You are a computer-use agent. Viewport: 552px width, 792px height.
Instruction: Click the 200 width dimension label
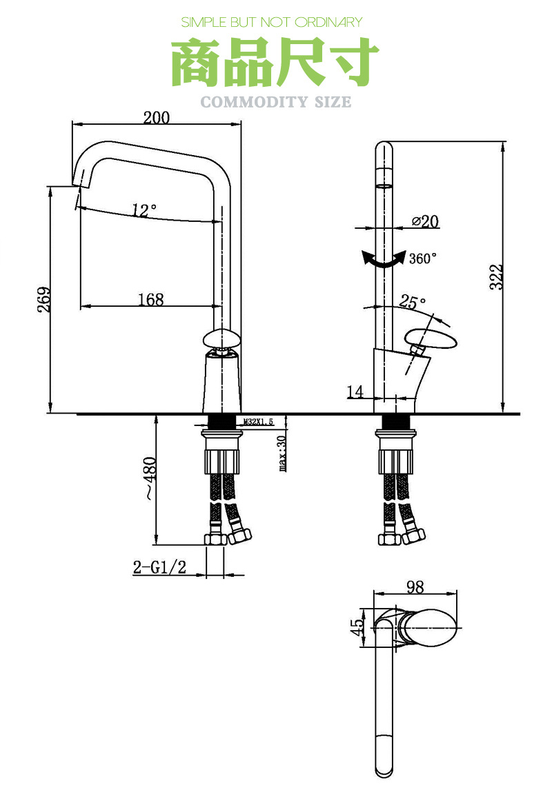point(157,117)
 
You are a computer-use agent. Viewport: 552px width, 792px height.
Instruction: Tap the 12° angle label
point(144,210)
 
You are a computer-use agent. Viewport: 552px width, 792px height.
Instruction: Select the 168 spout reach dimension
point(151,299)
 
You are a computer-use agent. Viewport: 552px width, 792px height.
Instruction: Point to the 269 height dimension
point(43,300)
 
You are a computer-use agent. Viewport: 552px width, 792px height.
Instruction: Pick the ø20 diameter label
point(425,221)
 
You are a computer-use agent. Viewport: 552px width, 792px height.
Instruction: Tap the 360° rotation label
point(423,258)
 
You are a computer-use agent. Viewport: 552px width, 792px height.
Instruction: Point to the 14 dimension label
point(355,392)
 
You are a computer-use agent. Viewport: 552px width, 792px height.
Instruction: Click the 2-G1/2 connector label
point(159,567)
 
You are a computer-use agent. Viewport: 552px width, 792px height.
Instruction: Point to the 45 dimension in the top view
point(357,627)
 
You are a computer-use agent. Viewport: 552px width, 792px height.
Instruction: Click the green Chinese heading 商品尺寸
point(275,63)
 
